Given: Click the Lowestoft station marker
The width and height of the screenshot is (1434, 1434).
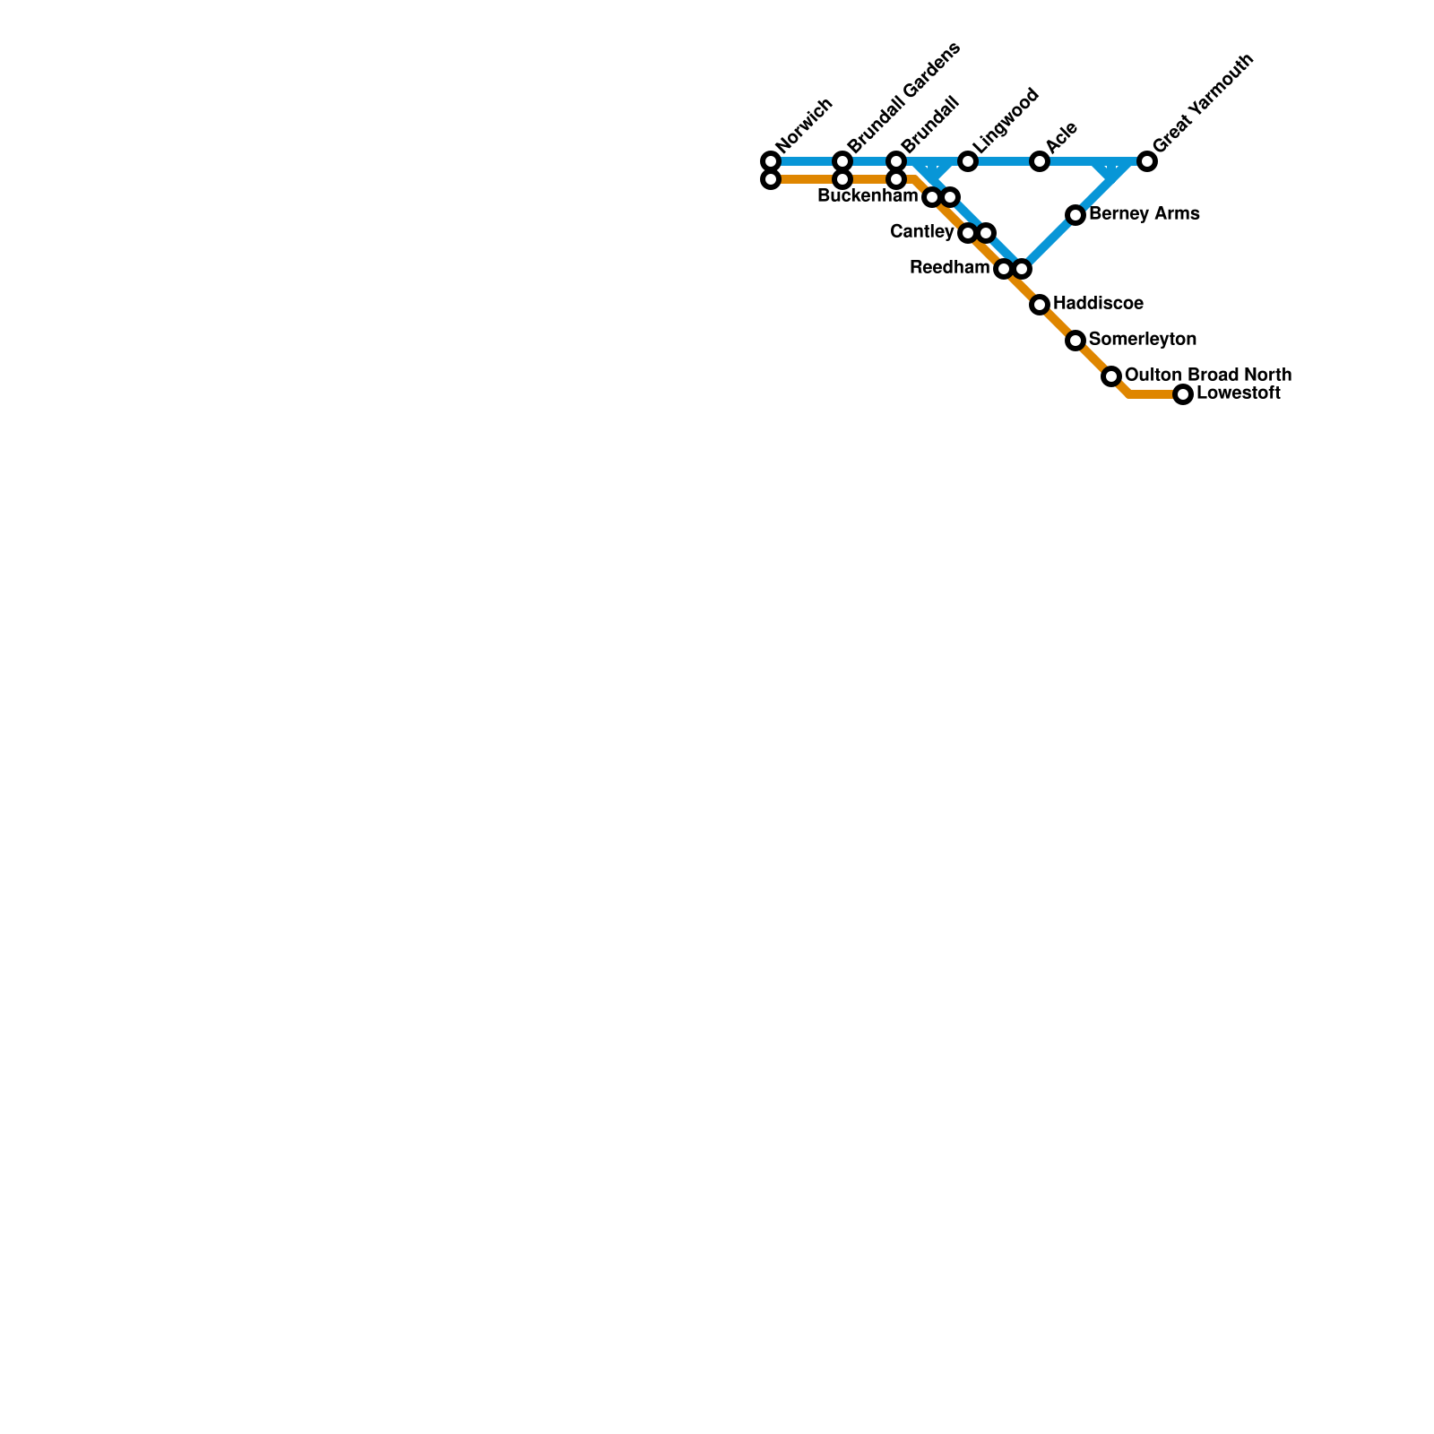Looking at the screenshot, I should [1183, 394].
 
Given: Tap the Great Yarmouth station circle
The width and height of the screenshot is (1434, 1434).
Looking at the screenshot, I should [1147, 161].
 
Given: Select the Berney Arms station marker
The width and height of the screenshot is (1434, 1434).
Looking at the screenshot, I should [1075, 215].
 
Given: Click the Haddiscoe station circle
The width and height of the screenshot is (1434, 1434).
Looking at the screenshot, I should [1040, 305].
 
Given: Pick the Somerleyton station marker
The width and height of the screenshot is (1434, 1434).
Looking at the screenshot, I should [1075, 341].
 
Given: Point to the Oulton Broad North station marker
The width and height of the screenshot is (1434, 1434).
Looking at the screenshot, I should [1111, 376].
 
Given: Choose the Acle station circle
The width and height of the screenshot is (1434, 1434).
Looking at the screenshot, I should [1040, 161].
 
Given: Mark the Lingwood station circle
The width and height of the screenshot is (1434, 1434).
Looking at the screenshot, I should [968, 161].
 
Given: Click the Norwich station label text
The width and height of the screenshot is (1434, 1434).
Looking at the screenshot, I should [805, 125].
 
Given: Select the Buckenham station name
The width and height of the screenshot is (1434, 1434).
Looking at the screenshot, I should [868, 196].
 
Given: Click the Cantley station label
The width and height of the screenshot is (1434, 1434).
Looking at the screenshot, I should [921, 232].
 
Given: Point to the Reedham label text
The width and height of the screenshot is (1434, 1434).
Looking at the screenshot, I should [949, 268].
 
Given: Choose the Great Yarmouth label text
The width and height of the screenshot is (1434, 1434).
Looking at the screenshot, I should [1202, 104].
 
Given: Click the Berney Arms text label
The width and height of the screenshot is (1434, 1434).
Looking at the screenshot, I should [1144, 214].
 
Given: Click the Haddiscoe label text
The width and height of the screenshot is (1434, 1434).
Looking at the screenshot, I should [1098, 304].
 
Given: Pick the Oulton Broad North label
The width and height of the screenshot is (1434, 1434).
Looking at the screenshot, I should [1207, 375].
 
